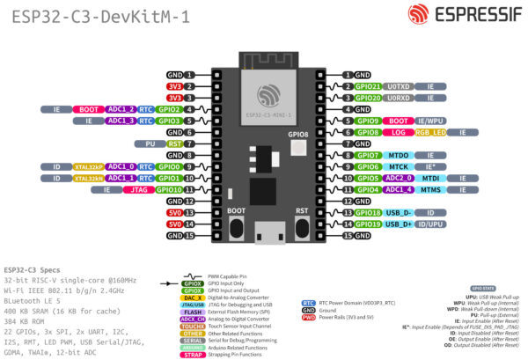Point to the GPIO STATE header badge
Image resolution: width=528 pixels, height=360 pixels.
pos(483,287)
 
